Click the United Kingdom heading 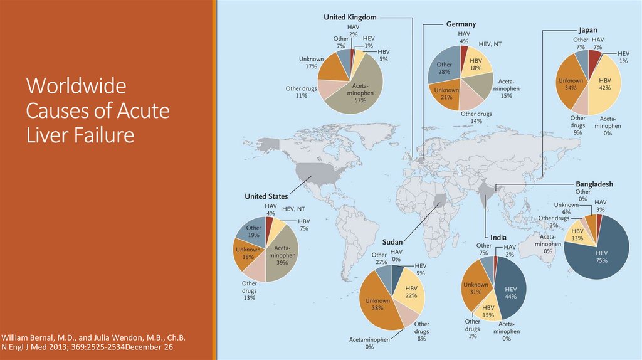point(350,17)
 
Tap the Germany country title point(461,24)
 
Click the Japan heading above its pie point(587,29)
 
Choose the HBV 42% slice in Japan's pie point(605,85)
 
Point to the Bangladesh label point(594,184)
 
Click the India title point(498,237)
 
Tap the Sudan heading point(392,241)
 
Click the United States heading point(266,196)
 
